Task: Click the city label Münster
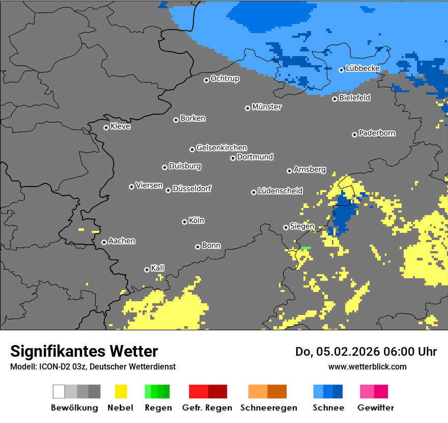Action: pos(267,107)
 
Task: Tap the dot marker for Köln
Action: pos(184,222)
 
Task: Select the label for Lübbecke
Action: pos(363,68)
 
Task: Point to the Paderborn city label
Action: pos(377,133)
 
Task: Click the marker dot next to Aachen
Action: pos(104,242)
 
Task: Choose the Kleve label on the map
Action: pos(120,126)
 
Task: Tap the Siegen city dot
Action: pos(286,227)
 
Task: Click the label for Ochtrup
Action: pos(225,79)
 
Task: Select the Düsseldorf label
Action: pos(192,189)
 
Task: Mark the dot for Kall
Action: pos(147,270)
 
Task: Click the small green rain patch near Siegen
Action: pos(306,248)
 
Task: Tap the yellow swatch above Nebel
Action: pos(121,391)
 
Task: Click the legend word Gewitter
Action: pos(376,408)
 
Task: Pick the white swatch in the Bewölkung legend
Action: pos(59,391)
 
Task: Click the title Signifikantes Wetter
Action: pos(84,351)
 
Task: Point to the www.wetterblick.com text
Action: pos(367,366)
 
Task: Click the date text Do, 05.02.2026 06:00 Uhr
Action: pos(366,352)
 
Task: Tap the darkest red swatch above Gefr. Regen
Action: pos(217,391)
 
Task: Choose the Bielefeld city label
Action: pos(355,98)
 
